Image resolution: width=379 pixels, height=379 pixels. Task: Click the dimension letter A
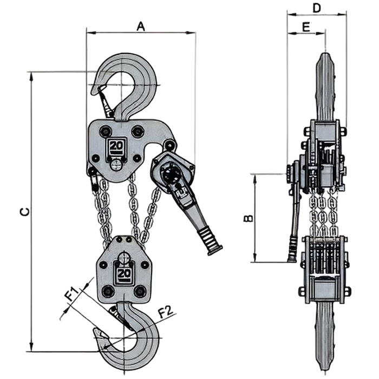pyautogui.click(x=141, y=25)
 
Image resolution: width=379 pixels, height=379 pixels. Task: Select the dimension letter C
pyautogui.click(x=24, y=212)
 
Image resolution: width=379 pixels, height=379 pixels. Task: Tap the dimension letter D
pyautogui.click(x=317, y=8)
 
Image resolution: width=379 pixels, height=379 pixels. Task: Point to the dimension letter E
pyautogui.click(x=306, y=26)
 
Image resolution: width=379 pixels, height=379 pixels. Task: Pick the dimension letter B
pyautogui.click(x=247, y=218)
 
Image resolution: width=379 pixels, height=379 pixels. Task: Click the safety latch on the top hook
pyautogui.click(x=106, y=103)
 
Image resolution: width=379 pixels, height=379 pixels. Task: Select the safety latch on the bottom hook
pyautogui.click(x=121, y=317)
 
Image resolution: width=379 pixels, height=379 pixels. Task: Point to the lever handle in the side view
pyautogui.click(x=295, y=217)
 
